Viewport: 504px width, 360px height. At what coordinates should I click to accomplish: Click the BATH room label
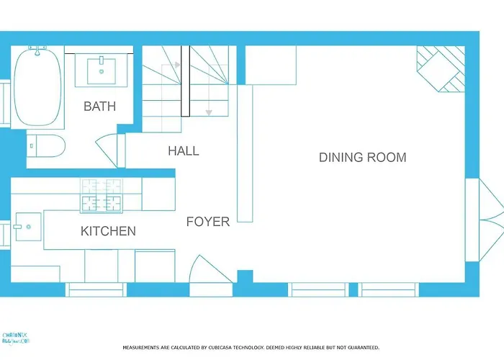pyautogui.click(x=99, y=107)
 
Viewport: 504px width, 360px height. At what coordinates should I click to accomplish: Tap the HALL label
pyautogui.click(x=184, y=151)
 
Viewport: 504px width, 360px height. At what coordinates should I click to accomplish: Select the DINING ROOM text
pyautogui.click(x=362, y=158)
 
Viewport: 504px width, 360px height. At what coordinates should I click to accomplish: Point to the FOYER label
pyautogui.click(x=208, y=222)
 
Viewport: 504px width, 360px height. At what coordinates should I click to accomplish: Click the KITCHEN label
pyautogui.click(x=108, y=231)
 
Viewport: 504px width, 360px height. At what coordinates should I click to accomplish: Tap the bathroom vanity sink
pyautogui.click(x=101, y=70)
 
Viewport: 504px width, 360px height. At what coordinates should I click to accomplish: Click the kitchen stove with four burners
pyautogui.click(x=102, y=195)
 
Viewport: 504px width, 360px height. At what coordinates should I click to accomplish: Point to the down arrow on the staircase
pyautogui.click(x=209, y=112)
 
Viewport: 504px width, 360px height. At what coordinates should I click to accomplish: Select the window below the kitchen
pyautogui.click(x=96, y=289)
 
